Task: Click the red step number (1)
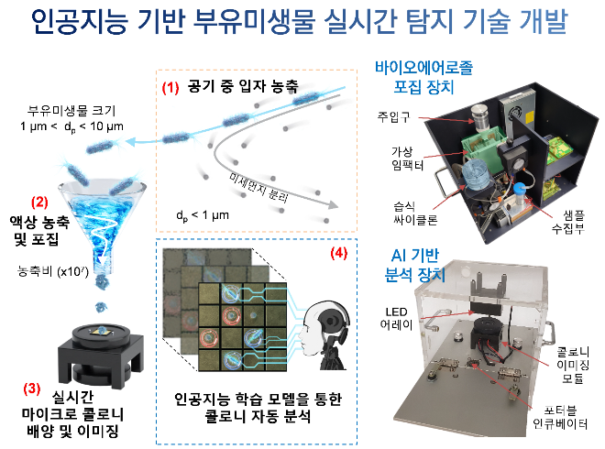[170, 89]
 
